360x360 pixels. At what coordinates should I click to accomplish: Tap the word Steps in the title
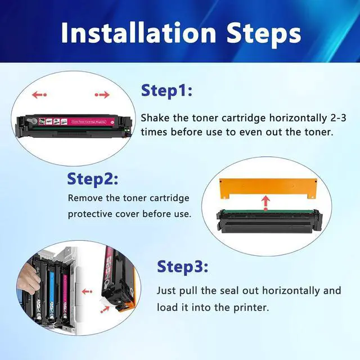pyautogui.click(x=263, y=33)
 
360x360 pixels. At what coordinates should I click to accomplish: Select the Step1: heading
pyautogui.click(x=166, y=91)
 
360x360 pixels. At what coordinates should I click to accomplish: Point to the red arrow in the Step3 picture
pyautogui.click(x=87, y=291)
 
